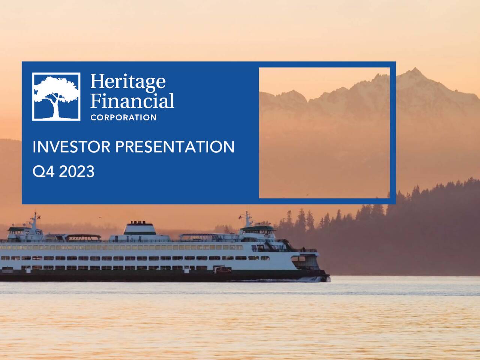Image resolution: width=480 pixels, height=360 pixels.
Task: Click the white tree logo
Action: pos(56,96)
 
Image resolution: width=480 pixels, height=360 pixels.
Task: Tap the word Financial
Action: pos(132,101)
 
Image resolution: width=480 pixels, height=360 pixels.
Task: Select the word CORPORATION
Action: pos(123,118)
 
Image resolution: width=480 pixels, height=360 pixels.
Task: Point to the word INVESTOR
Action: pos(71,147)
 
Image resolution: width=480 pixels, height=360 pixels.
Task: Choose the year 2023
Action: pos(76,172)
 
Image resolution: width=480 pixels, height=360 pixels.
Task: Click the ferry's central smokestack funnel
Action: pos(139,228)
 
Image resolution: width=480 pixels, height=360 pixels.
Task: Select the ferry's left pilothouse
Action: pos(21,230)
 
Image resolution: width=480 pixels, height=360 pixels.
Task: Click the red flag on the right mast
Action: pos(240,217)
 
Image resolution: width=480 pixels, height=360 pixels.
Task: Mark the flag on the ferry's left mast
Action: pos(39,217)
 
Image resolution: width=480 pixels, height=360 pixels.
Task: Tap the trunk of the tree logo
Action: pos(56,109)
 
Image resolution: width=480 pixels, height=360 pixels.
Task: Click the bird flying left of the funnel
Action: pos(100,217)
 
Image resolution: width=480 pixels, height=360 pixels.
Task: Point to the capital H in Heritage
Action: pos(97,81)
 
